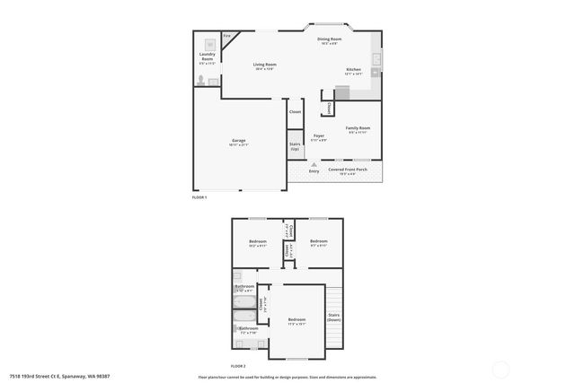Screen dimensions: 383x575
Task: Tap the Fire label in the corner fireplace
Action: (x=227, y=36)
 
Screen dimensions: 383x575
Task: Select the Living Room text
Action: (x=263, y=65)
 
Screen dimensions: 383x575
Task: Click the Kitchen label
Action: (x=354, y=71)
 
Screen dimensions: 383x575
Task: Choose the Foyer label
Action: (x=319, y=135)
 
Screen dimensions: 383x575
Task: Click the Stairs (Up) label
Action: (x=295, y=146)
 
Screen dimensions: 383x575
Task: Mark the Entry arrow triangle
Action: (x=314, y=164)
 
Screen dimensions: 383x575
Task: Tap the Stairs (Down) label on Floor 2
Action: (x=333, y=318)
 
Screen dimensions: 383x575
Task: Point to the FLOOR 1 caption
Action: (x=200, y=196)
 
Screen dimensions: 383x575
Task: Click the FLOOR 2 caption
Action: (x=237, y=366)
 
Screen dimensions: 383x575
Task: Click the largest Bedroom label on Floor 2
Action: (x=296, y=321)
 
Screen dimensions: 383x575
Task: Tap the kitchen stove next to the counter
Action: (x=341, y=91)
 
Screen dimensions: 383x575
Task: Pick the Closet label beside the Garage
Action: (x=295, y=112)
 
